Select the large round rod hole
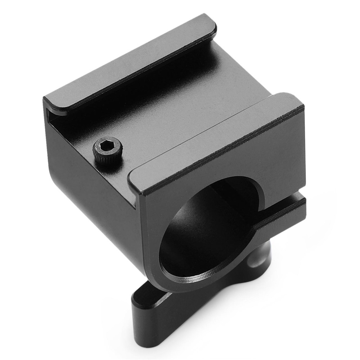click(x=205, y=234)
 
